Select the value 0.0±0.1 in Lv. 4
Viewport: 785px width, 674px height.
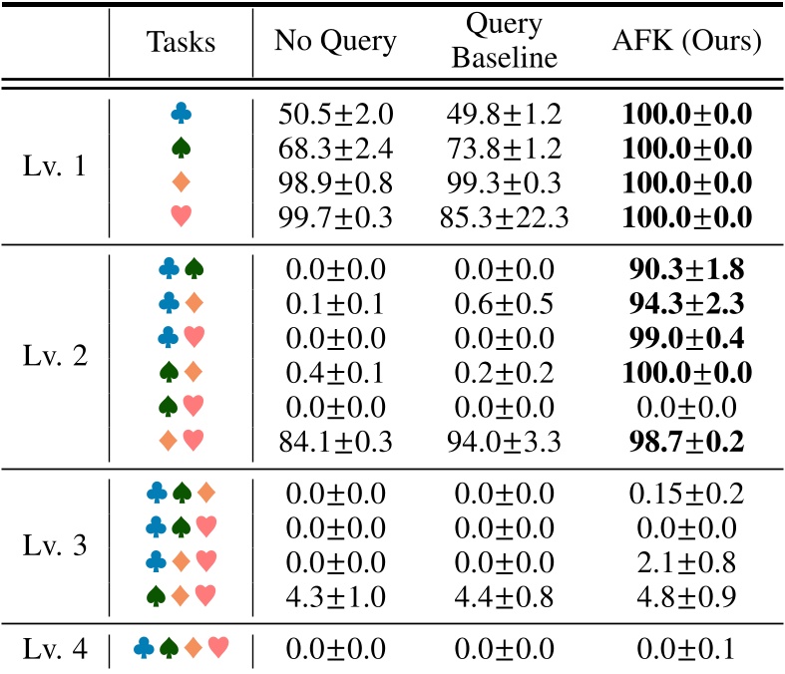[685, 650]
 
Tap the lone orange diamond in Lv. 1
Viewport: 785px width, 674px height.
[181, 181]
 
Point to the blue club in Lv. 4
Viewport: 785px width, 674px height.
[145, 650]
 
